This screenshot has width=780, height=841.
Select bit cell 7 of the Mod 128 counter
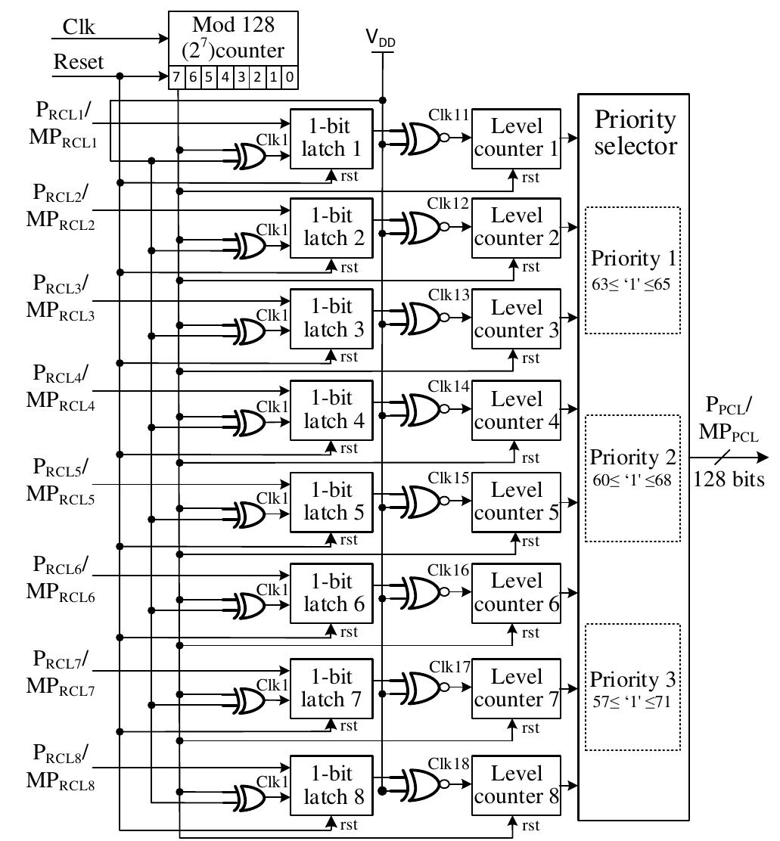tap(176, 78)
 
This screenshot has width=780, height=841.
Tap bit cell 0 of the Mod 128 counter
tap(291, 78)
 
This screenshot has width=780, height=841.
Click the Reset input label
tap(78, 61)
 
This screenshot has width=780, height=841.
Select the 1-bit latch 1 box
tap(332, 138)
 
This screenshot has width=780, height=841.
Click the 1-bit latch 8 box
tap(332, 785)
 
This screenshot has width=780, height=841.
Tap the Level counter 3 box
tap(517, 319)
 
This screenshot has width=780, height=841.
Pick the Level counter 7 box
tap(517, 688)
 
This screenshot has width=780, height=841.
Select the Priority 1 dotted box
tap(633, 270)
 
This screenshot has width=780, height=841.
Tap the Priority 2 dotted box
tap(633, 478)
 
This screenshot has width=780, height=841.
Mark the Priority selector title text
tap(635, 132)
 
